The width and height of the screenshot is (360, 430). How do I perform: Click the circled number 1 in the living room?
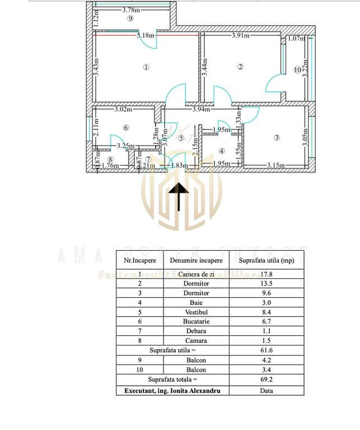click(146, 68)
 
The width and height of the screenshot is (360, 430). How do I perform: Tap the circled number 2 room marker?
click(240, 67)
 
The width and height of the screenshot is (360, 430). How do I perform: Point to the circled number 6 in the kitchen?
click(126, 128)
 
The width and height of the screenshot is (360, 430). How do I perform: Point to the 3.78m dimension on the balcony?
click(131, 10)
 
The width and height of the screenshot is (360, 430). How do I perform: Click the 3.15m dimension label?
click(276, 165)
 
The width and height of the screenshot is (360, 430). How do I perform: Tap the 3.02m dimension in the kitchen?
click(123, 110)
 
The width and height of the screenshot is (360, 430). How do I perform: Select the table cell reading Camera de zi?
click(196, 274)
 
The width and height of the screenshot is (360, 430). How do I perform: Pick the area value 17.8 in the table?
click(266, 274)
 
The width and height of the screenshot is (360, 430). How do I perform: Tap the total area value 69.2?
click(266, 380)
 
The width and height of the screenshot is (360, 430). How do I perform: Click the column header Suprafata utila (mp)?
click(266, 260)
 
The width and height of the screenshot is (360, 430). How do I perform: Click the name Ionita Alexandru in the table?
click(194, 391)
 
